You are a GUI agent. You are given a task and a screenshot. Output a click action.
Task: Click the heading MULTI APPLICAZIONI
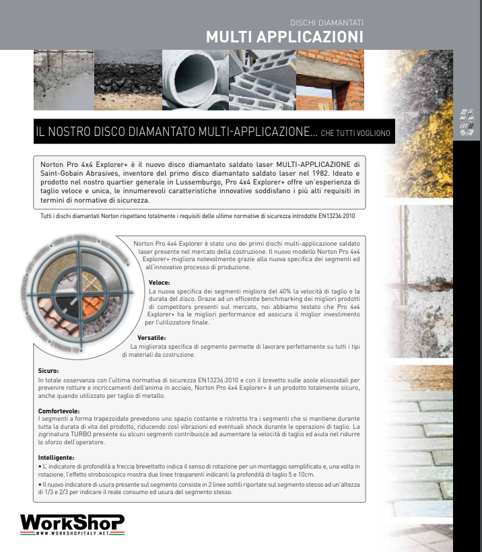[284, 36]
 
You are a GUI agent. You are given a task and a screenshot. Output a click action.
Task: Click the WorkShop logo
[72, 522]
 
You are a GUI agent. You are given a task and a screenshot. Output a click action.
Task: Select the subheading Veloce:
[159, 283]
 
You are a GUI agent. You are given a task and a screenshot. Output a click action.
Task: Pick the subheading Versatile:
[151, 337]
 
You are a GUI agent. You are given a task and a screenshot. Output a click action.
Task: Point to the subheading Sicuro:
[48, 371]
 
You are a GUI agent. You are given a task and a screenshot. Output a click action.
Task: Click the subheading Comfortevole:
[59, 410]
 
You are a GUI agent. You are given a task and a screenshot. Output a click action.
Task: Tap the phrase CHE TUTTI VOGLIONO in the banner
[355, 133]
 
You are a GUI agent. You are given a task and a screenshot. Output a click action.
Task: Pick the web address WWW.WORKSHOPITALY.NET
[72, 533]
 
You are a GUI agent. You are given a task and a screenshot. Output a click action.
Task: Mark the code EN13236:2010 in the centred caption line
[342, 215]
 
